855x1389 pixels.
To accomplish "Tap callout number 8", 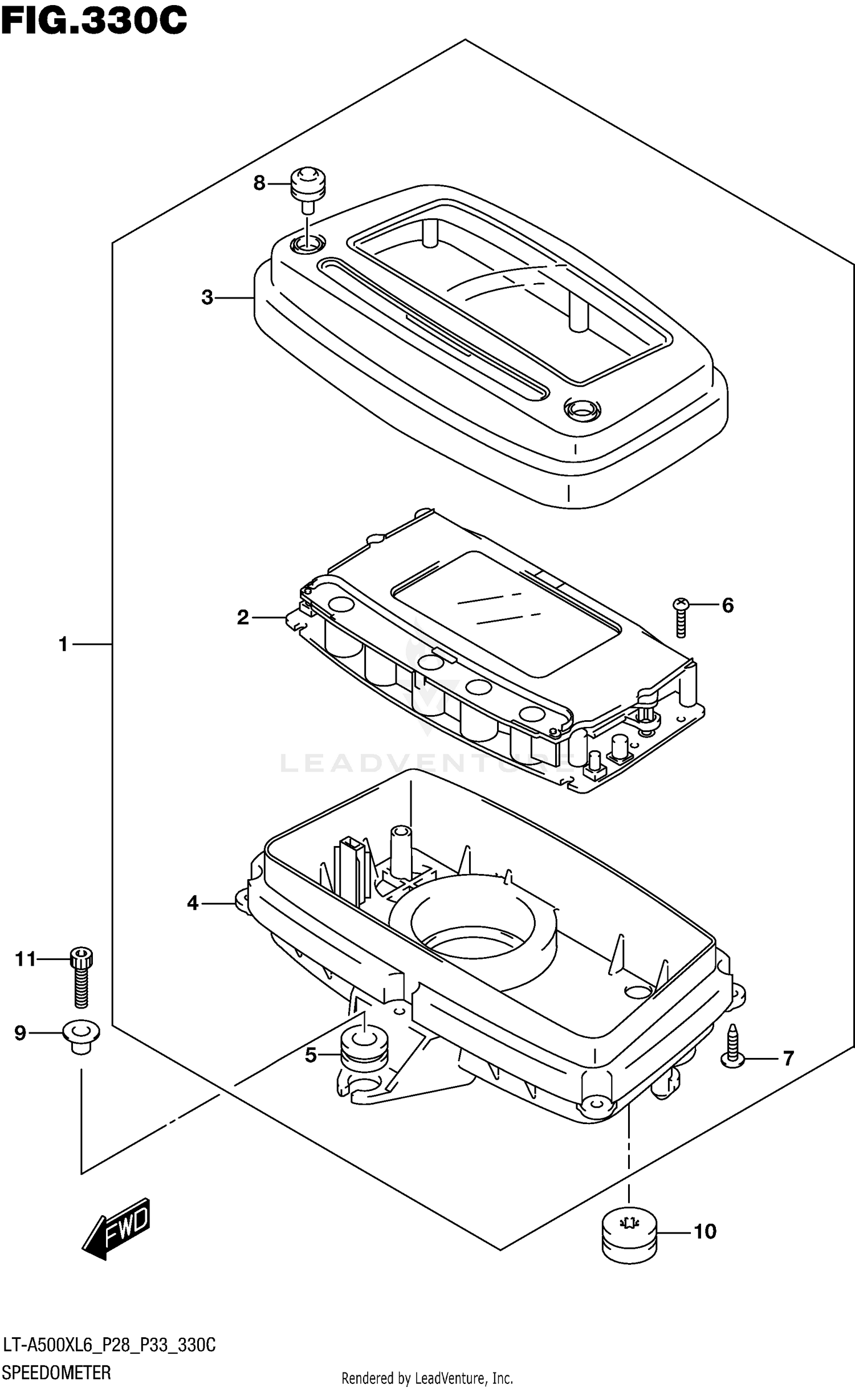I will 259,183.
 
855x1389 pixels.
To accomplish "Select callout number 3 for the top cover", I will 207,297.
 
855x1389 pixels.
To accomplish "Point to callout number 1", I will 63,644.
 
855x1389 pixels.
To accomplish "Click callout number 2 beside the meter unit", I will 243,617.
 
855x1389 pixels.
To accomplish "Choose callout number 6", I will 728,605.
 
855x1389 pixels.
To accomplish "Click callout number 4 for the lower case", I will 193,903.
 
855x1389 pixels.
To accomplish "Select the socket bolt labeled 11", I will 82,981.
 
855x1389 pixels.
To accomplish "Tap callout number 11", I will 26,959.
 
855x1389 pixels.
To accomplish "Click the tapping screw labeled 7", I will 732,1046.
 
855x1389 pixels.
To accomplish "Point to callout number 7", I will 788,1059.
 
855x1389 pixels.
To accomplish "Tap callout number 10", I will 705,1232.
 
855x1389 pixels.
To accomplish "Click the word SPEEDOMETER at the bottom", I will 56,1372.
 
